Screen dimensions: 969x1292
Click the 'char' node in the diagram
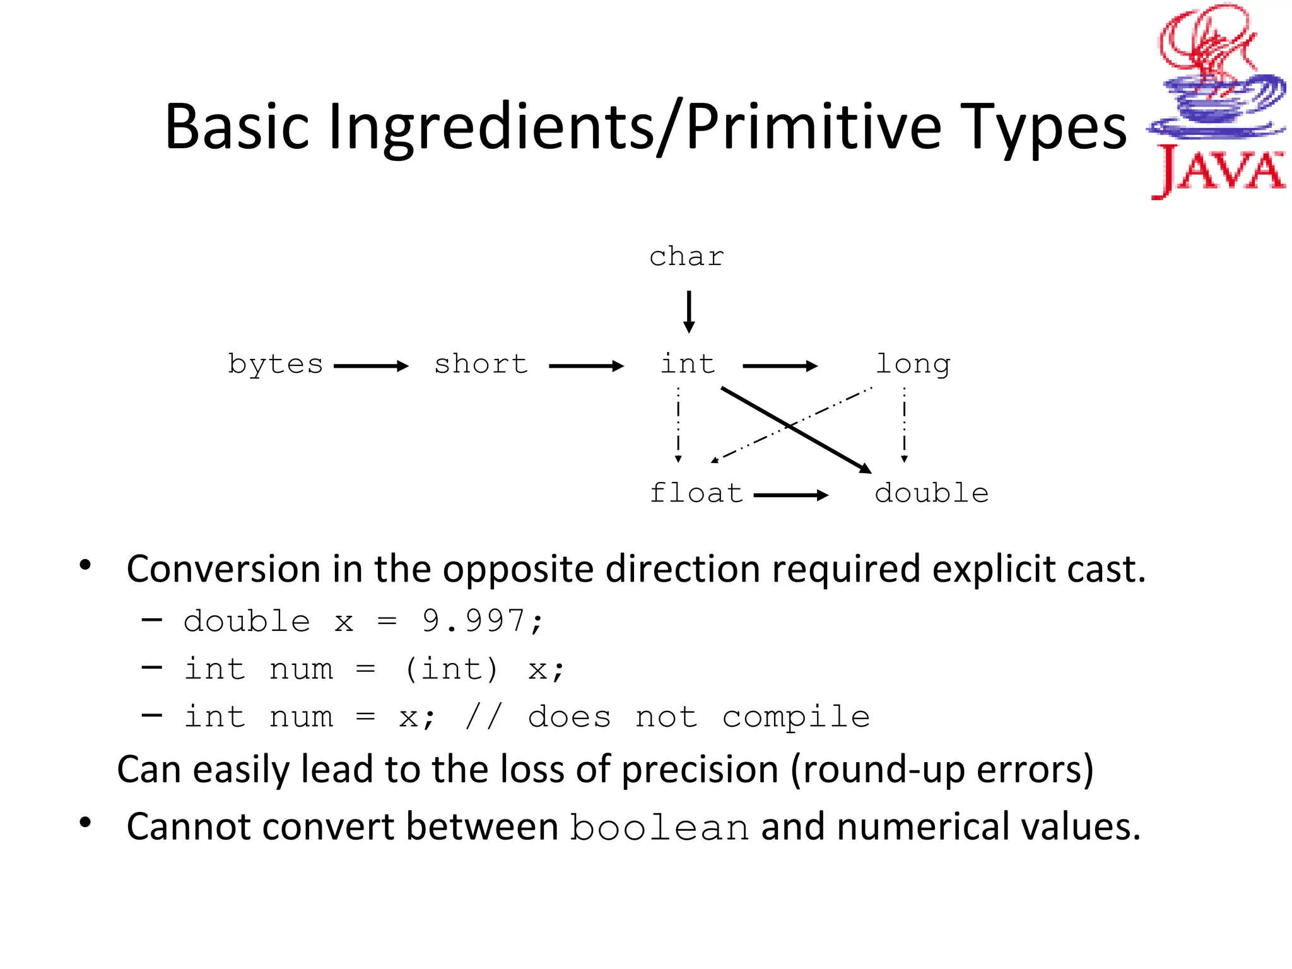[686, 257]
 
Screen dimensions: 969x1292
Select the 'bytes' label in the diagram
[275, 365]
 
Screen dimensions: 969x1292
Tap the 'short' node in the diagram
[481, 365]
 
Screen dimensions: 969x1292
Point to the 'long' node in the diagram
[912, 365]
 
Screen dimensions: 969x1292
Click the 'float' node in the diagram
[696, 493]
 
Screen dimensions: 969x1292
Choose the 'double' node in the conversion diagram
[931, 493]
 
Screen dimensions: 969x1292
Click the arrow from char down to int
[689, 312]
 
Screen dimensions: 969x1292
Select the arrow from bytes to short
[371, 366]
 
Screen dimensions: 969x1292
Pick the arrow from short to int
[586, 366]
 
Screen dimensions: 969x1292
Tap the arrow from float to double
[790, 495]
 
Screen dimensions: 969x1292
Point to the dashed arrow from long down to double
[904, 425]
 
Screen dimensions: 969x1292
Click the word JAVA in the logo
[1218, 170]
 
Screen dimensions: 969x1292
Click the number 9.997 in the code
[473, 621]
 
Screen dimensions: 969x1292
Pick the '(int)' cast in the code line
[451, 669]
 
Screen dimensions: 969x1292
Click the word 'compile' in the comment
[796, 717]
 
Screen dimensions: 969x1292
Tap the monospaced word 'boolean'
[659, 828]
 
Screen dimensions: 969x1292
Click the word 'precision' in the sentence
[700, 770]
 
